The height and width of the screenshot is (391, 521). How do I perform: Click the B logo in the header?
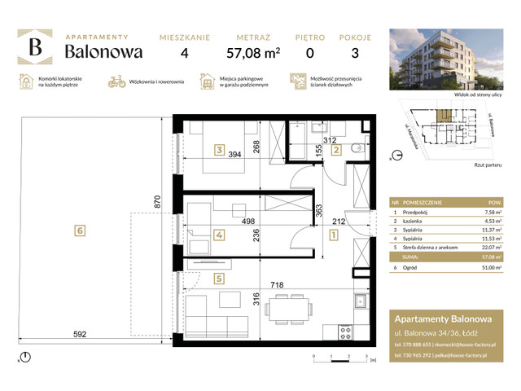point(35,47)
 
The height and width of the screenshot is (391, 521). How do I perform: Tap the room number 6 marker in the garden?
point(79,231)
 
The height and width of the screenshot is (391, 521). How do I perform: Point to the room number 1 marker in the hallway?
point(333,235)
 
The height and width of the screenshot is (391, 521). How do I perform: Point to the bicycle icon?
point(116,81)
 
